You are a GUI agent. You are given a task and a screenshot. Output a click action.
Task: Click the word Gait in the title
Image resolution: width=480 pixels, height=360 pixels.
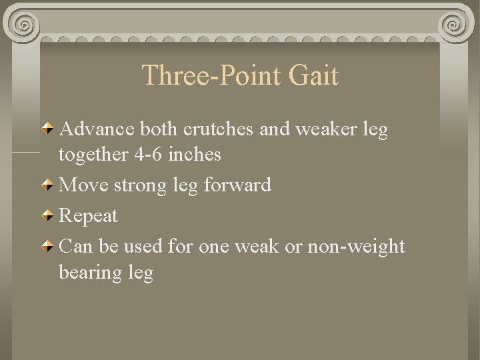(x=314, y=75)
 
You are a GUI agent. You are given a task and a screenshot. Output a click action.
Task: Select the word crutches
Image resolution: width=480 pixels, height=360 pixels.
(x=223, y=129)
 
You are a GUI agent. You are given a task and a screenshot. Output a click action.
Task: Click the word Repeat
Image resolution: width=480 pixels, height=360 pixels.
(x=88, y=216)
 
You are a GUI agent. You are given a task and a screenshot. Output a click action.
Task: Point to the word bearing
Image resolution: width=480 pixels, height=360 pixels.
(x=87, y=273)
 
